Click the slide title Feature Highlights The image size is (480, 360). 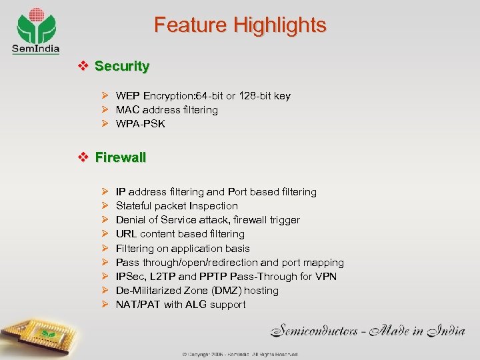pos(240,25)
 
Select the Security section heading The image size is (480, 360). pos(122,67)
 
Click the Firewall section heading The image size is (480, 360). pos(121,158)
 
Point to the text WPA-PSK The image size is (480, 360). pos(140,124)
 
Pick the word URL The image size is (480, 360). pos(126,234)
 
